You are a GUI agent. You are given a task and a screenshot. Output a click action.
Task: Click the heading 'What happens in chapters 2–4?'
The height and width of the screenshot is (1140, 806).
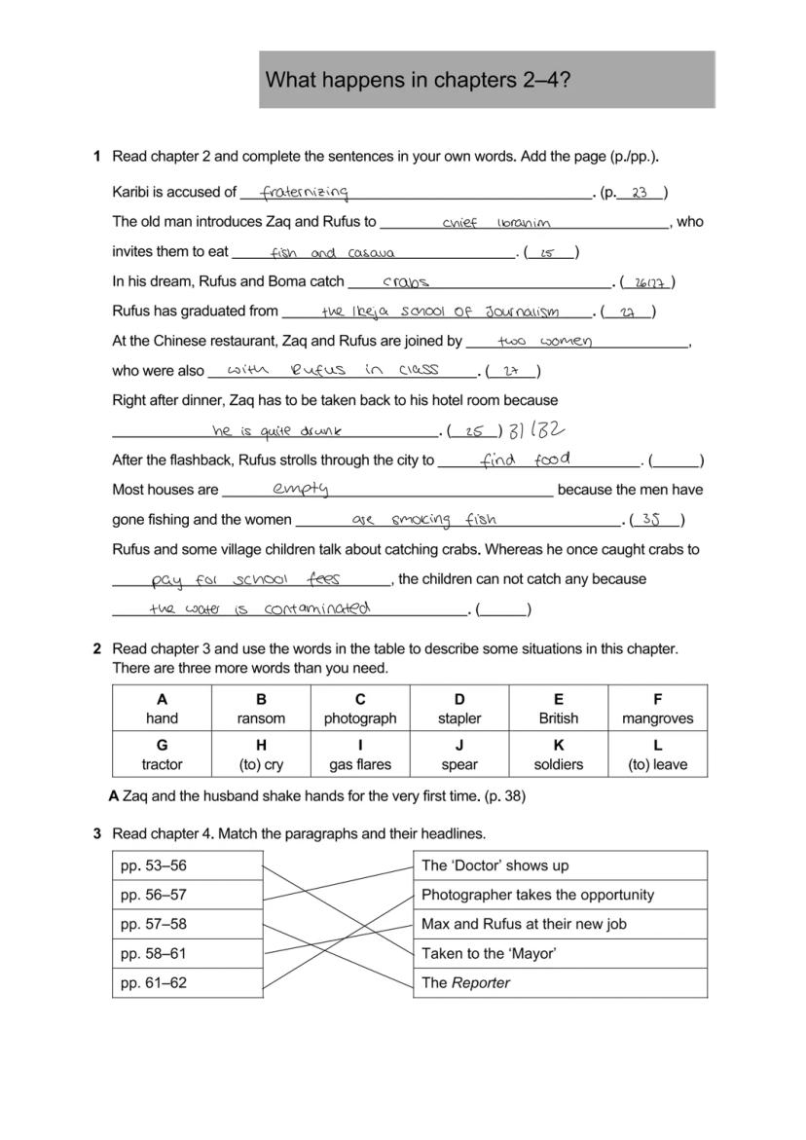click(x=418, y=80)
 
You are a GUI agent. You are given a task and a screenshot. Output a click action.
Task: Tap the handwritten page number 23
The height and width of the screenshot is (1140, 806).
click(x=640, y=193)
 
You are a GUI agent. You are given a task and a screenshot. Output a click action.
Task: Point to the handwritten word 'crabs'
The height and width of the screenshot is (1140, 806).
click(x=406, y=282)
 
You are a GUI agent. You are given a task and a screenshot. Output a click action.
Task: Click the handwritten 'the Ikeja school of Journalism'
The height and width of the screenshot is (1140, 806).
click(x=440, y=313)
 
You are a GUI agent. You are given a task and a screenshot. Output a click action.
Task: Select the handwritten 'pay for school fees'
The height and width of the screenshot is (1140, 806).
click(x=245, y=579)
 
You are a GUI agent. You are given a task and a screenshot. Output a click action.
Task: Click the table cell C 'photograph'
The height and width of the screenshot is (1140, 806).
click(x=360, y=709)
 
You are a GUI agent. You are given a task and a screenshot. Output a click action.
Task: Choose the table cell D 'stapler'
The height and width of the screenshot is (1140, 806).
click(x=459, y=709)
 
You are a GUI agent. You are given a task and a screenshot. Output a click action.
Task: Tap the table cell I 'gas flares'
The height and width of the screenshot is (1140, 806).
click(x=360, y=755)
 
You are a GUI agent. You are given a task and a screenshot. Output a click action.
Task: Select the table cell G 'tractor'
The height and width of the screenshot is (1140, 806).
click(x=162, y=755)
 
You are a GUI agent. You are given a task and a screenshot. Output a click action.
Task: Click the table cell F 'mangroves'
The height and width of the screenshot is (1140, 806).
click(x=658, y=709)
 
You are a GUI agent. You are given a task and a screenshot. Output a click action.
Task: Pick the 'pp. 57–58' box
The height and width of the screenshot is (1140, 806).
click(x=188, y=924)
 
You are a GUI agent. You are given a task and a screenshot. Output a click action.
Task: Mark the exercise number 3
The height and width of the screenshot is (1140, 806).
click(x=97, y=833)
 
